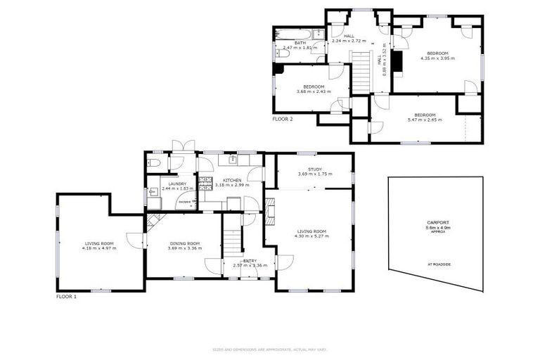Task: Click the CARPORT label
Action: (x=437, y=223)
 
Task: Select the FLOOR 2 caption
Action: (x=283, y=120)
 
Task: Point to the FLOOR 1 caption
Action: (x=66, y=297)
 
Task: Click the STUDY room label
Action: (x=314, y=169)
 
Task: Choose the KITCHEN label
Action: (x=232, y=180)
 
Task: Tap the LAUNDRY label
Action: (x=177, y=184)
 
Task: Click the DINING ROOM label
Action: (x=184, y=243)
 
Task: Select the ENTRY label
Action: (x=240, y=260)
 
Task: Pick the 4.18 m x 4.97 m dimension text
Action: (x=99, y=248)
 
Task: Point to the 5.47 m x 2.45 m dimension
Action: (x=425, y=120)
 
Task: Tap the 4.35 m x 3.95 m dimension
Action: (x=437, y=58)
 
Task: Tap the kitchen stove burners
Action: (x=205, y=184)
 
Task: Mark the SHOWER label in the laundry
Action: (x=184, y=200)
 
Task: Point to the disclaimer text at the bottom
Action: (x=270, y=349)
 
